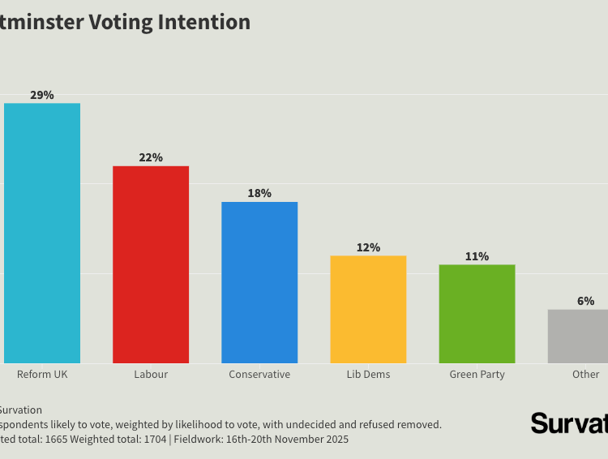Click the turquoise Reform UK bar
pos(42,233)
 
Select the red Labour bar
pos(151,264)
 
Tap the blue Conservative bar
pos(259,282)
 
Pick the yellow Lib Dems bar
pos(368,309)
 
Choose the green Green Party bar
pos(477,314)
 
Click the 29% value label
pos(42,95)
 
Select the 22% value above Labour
pos(151,157)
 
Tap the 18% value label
pos(259,193)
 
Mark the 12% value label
pos(368,247)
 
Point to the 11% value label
pos(477,256)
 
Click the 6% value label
pos(585,301)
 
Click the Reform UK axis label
pos(42,375)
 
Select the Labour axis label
pos(151,375)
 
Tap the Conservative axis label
pos(259,375)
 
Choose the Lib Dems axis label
pos(368,375)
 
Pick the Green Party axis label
pos(477,375)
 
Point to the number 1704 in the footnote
pos(151,440)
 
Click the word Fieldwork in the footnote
pos(199,440)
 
